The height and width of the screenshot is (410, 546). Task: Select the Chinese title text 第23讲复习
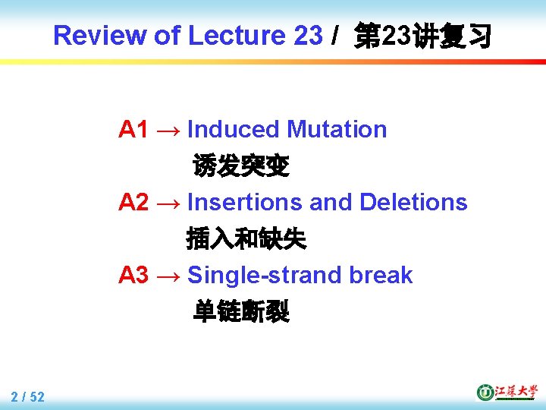point(423,36)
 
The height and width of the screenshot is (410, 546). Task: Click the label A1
point(133,130)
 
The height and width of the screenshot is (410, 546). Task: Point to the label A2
point(133,203)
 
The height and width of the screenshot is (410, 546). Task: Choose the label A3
point(133,275)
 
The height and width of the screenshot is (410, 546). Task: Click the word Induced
point(234,130)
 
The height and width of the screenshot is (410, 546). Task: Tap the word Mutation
point(337,130)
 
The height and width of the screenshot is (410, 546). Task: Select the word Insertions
point(245,203)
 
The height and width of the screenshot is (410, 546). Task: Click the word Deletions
point(413,203)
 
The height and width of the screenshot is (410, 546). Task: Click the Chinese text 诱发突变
point(241,166)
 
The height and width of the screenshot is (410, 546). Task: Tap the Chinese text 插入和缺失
point(246,239)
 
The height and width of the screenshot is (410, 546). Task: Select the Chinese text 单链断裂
point(241,311)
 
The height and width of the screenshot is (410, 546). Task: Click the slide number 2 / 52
point(28,396)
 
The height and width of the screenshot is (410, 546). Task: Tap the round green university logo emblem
point(485,392)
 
